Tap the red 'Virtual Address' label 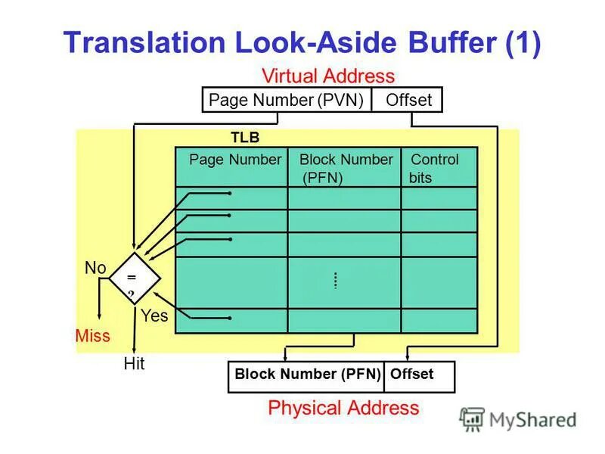(x=328, y=76)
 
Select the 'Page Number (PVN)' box (x=287, y=100)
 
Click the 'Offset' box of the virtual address (x=408, y=100)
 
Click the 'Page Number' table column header (x=234, y=160)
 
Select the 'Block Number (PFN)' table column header (x=346, y=168)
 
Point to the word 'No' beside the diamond (x=95, y=268)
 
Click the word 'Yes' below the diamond (x=154, y=316)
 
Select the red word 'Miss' (x=92, y=335)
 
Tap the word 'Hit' (x=134, y=364)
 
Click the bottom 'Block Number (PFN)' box (x=306, y=375)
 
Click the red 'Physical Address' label (x=343, y=409)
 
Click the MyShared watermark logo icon (x=472, y=418)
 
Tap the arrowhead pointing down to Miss (x=100, y=319)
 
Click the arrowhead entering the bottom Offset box (x=408, y=356)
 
